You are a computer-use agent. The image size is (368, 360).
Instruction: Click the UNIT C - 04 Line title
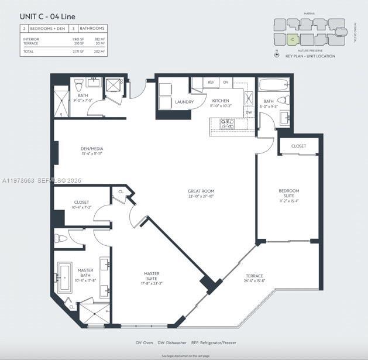pos(43,16)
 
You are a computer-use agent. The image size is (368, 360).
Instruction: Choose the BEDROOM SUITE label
pos(288,194)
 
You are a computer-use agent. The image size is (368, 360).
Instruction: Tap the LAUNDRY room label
pos(184,102)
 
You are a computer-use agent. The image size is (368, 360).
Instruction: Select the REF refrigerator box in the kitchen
pos(211,83)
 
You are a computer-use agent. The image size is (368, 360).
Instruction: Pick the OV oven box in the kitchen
pos(225,83)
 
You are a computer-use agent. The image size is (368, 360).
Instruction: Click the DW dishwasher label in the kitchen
pos(249,112)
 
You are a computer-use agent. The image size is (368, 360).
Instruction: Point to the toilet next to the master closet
pos(61,238)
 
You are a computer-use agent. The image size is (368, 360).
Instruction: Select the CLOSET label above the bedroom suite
pos(298,146)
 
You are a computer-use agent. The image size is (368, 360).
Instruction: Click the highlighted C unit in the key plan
pos(293,40)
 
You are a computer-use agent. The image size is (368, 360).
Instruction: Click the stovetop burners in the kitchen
pos(227,124)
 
